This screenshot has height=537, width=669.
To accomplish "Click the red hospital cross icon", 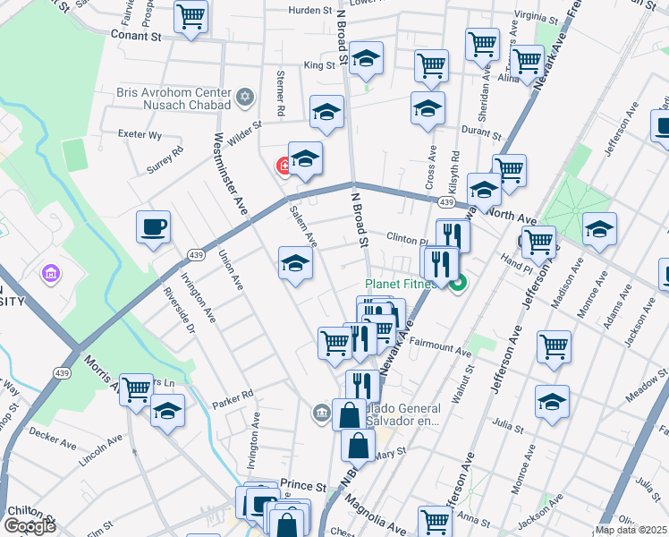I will point(285,165).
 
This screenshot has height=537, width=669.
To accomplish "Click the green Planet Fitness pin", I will point(459,285).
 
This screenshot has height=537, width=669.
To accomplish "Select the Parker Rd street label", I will point(233,393).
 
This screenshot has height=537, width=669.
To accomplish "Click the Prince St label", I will point(301,484).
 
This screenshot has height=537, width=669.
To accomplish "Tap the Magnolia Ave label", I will point(376,517).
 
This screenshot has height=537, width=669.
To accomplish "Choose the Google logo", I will point(30,526).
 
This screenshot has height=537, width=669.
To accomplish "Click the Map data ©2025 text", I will point(630,530).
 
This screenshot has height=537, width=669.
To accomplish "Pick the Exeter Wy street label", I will point(140,135).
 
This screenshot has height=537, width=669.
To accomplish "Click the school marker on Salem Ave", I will point(296,263).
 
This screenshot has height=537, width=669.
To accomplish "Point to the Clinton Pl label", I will point(409,238).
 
